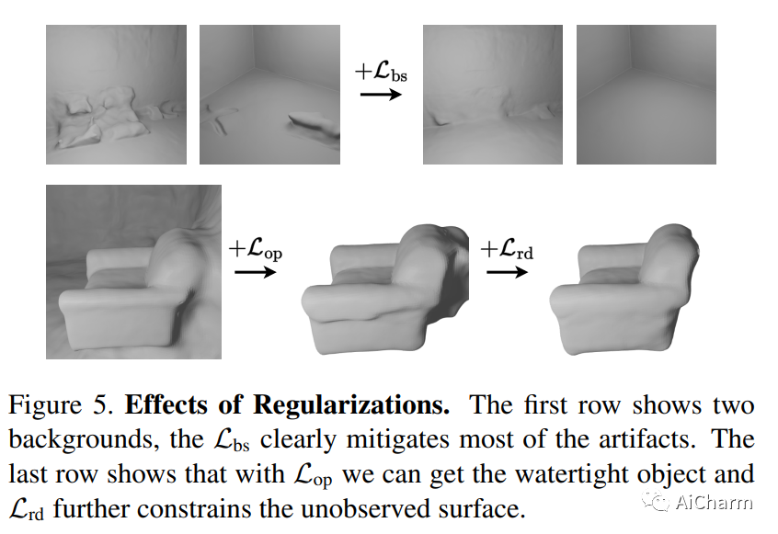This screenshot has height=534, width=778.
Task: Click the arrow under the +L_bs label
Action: pyautogui.click(x=381, y=94)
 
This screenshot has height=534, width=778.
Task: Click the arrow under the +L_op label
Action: pyautogui.click(x=255, y=272)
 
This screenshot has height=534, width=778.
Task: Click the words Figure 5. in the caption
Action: pyautogui.click(x=62, y=405)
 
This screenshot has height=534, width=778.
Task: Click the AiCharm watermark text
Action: pyautogui.click(x=714, y=503)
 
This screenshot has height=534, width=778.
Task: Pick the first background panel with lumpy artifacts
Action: pyautogui.click(x=116, y=95)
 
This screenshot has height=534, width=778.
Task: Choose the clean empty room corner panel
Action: pyautogui.click(x=646, y=95)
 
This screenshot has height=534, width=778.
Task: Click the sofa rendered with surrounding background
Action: pyautogui.click(x=133, y=272)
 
